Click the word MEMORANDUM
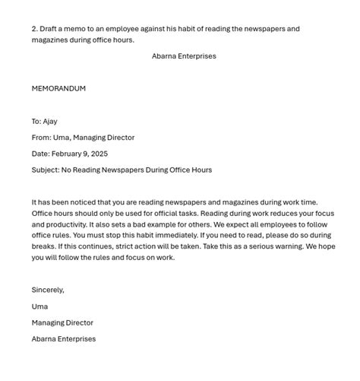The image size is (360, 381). pyautogui.click(x=58, y=88)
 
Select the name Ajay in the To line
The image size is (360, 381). pyautogui.click(x=50, y=121)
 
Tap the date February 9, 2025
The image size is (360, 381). pyautogui.click(x=80, y=154)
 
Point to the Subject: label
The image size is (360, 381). pyautogui.click(x=45, y=170)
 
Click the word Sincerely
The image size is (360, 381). pyautogui.click(x=48, y=290)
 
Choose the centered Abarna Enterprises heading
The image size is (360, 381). pyautogui.click(x=184, y=56)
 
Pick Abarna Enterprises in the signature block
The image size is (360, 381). pyautogui.click(x=64, y=339)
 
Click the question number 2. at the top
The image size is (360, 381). pyautogui.click(x=35, y=29)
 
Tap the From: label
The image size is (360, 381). pyautogui.click(x=41, y=138)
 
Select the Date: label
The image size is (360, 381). pyautogui.click(x=40, y=154)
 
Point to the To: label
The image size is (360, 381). pyautogui.click(x=36, y=121)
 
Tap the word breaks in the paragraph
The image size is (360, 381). pyautogui.click(x=44, y=246)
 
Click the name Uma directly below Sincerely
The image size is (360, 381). pyautogui.click(x=39, y=306)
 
